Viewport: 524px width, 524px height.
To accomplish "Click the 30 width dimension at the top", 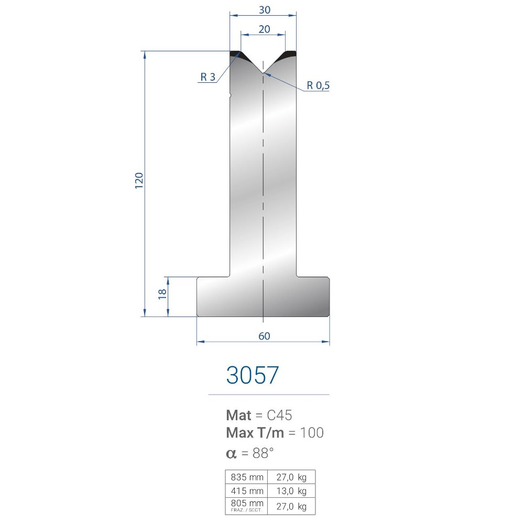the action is [264, 10].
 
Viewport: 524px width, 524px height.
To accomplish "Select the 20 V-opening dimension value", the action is [264, 29].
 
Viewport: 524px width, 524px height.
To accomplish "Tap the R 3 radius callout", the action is [208, 77].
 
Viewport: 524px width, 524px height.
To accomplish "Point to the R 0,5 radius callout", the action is [318, 85].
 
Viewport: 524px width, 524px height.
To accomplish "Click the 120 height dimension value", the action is [139, 180].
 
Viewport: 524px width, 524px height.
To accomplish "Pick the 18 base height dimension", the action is [162, 294].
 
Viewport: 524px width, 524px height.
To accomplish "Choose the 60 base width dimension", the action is [264, 336].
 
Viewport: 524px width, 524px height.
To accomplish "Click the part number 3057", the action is [253, 375].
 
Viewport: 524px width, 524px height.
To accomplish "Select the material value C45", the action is [279, 416].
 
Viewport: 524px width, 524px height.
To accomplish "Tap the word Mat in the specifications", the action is [238, 416].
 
